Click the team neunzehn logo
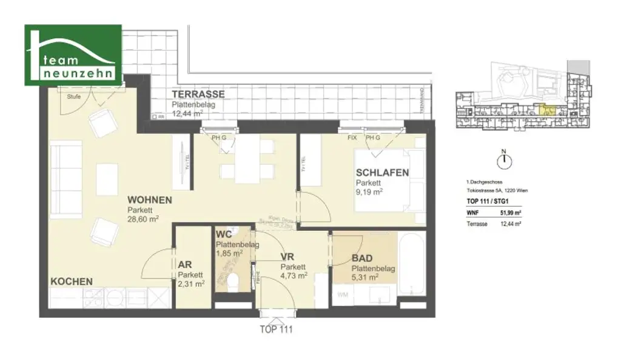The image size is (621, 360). coord(73,55)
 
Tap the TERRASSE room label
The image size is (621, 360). coord(198,95)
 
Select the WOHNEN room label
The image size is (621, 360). coord(149,200)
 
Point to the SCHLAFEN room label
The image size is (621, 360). coord(382,173)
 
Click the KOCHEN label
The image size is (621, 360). coord(72,282)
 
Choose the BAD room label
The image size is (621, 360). coord(361,258)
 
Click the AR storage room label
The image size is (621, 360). coord(185,265)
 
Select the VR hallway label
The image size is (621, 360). coord(287,257)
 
